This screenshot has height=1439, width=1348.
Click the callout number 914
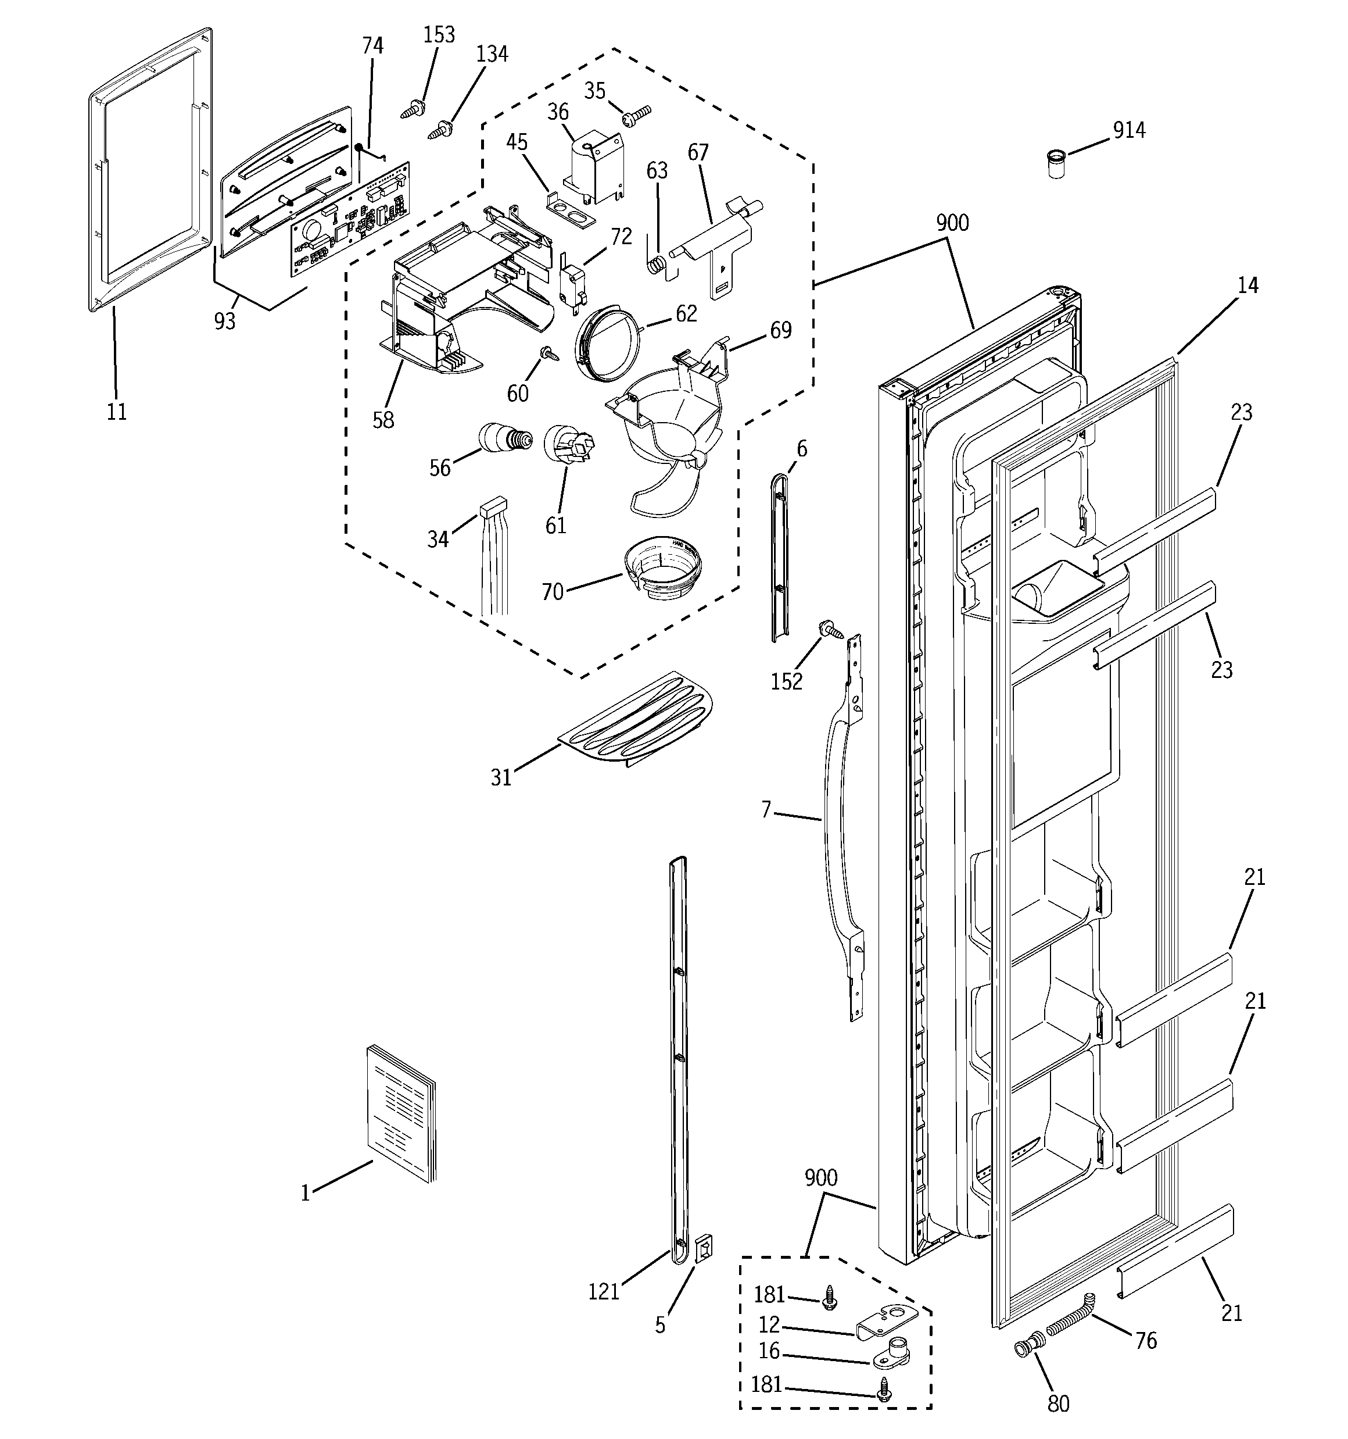click(1129, 130)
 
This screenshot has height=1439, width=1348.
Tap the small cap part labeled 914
click(1056, 165)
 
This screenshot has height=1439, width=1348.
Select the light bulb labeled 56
click(504, 438)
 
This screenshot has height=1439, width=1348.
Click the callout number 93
click(224, 321)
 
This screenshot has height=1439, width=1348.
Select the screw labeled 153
click(413, 110)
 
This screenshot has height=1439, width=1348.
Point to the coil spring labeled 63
click(655, 266)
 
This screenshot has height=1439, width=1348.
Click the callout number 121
click(604, 1291)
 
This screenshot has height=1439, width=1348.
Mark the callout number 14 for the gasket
click(1247, 286)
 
